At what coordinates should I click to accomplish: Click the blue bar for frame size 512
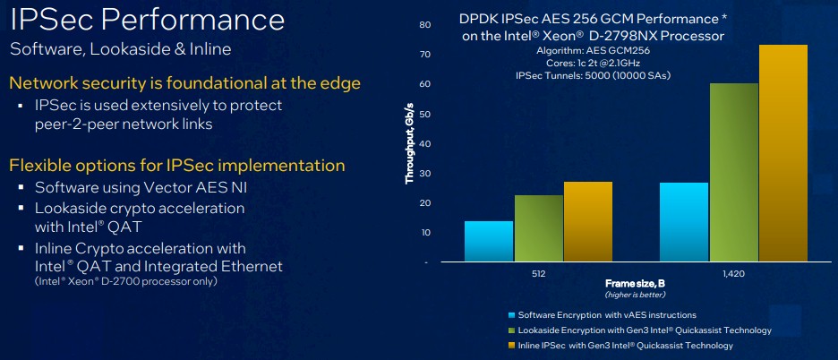click(489, 241)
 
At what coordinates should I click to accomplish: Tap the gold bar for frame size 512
click(588, 221)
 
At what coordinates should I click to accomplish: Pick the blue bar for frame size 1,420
click(684, 222)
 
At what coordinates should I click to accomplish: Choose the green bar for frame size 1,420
click(734, 172)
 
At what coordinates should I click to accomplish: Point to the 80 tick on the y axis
click(425, 24)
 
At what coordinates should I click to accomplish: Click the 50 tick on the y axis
click(425, 114)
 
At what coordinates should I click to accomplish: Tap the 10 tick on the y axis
click(425, 233)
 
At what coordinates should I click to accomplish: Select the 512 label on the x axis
click(539, 274)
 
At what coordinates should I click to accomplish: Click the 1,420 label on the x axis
click(733, 274)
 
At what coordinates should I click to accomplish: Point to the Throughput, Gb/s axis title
click(410, 141)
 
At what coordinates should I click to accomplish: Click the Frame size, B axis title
click(635, 283)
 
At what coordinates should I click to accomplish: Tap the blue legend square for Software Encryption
click(512, 315)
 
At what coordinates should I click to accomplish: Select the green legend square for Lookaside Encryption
click(512, 330)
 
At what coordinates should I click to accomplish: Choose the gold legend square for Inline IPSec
click(512, 346)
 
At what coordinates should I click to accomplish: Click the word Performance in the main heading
click(192, 21)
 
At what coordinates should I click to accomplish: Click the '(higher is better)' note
click(635, 295)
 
